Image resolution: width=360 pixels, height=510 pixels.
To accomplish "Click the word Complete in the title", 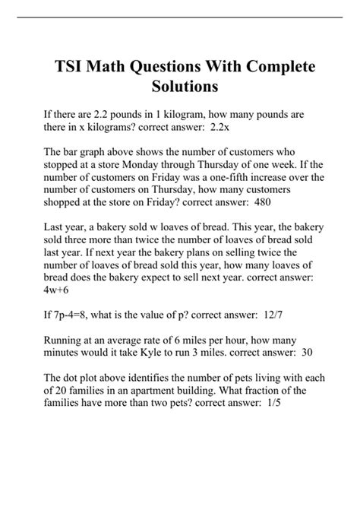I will point(272,66).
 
